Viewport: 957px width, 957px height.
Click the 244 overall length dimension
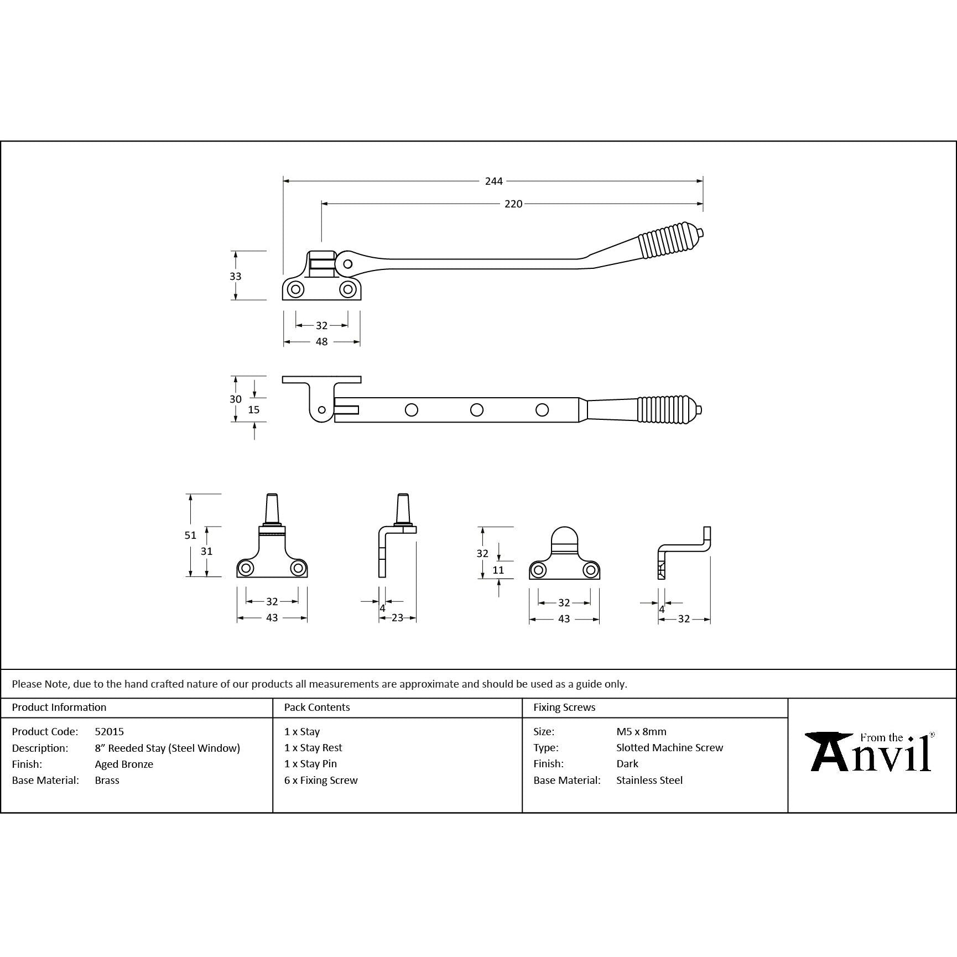pos(493,181)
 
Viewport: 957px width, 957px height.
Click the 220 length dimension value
pos(513,204)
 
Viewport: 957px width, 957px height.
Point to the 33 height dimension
pos(235,276)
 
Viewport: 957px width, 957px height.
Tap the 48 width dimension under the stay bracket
pos(321,342)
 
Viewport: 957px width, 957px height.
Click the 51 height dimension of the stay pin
pos(190,535)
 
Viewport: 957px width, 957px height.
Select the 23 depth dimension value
pos(397,618)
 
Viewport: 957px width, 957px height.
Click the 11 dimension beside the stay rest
pos(498,570)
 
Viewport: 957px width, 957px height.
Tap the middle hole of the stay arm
pos(476,410)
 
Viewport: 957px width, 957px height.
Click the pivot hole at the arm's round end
pos(347,264)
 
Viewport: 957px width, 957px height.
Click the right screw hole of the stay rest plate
pos(590,570)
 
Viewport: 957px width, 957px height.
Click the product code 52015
pos(109,731)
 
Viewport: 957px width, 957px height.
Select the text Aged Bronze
pos(124,764)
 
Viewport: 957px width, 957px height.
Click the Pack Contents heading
pos(316,707)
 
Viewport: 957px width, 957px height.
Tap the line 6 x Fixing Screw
pos(321,780)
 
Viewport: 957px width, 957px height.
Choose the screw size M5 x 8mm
pos(641,731)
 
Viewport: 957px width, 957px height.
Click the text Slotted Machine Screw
pos(669,747)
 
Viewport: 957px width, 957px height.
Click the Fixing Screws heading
pos(564,707)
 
